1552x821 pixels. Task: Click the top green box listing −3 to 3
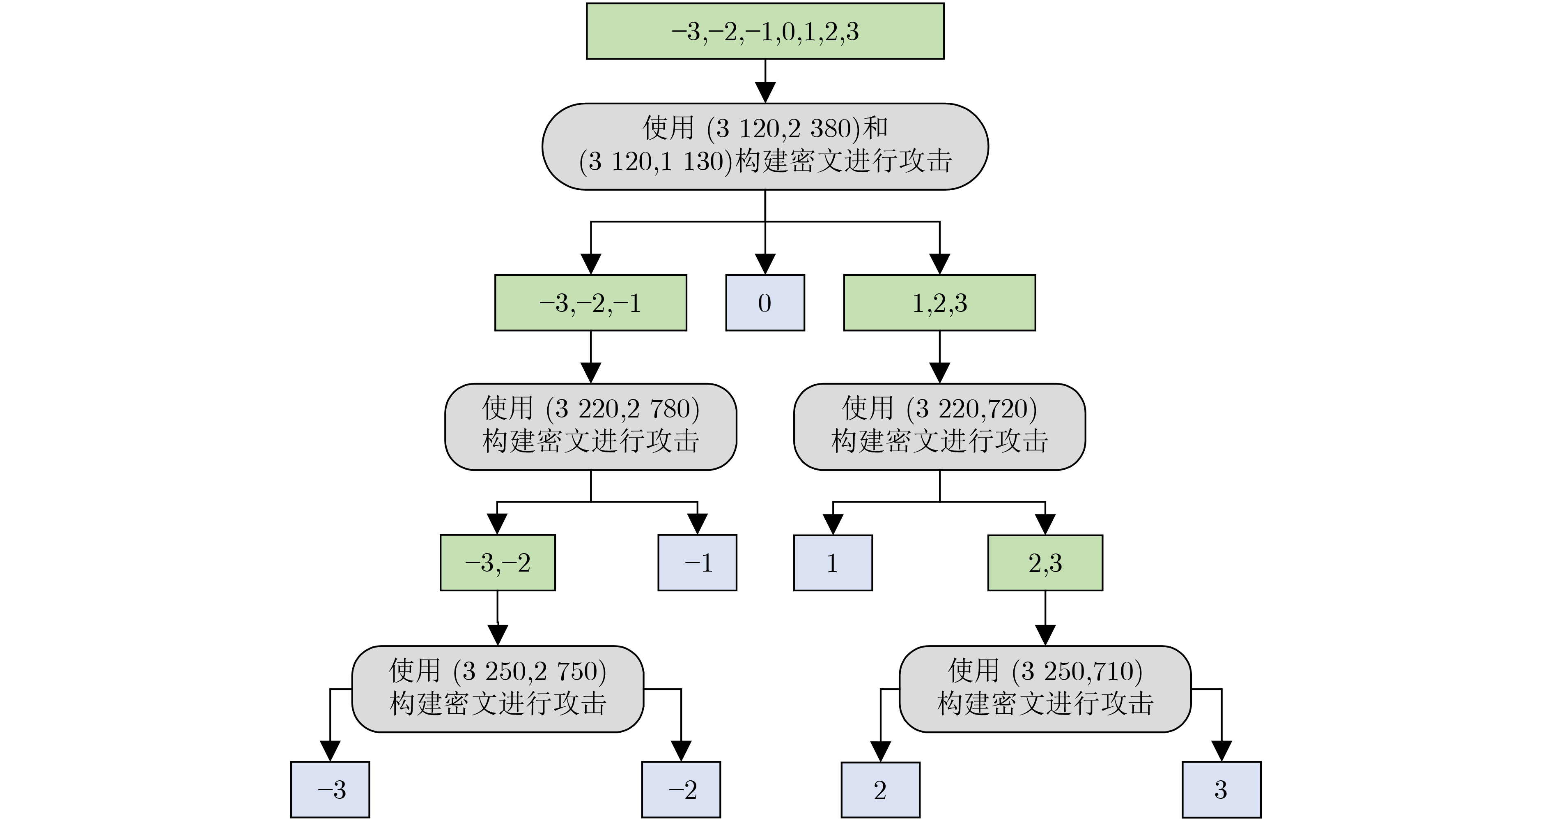coord(765,31)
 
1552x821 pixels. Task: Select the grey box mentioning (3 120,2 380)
coord(765,146)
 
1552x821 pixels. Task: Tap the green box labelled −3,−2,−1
coord(590,302)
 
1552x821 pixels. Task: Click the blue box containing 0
coord(765,302)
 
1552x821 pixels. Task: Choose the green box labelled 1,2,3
coord(940,302)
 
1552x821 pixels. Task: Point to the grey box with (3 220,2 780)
coord(590,427)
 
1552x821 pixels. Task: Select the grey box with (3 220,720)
coord(940,427)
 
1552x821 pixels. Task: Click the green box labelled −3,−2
coord(498,563)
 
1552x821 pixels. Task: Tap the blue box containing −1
coord(697,563)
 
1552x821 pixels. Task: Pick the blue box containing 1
coord(833,563)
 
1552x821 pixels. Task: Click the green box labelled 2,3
coord(1045,563)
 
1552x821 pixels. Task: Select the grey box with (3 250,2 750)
coord(498,689)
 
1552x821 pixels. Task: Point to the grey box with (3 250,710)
coord(1045,689)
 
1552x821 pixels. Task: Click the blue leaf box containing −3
coord(330,790)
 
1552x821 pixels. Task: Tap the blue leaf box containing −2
coord(681,790)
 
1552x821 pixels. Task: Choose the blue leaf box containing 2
coord(880,790)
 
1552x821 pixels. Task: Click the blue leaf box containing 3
coord(1221,790)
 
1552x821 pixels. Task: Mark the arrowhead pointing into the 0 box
coord(765,264)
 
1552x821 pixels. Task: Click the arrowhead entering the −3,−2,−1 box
coord(590,264)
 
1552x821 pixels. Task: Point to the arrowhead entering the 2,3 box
coord(1045,524)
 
